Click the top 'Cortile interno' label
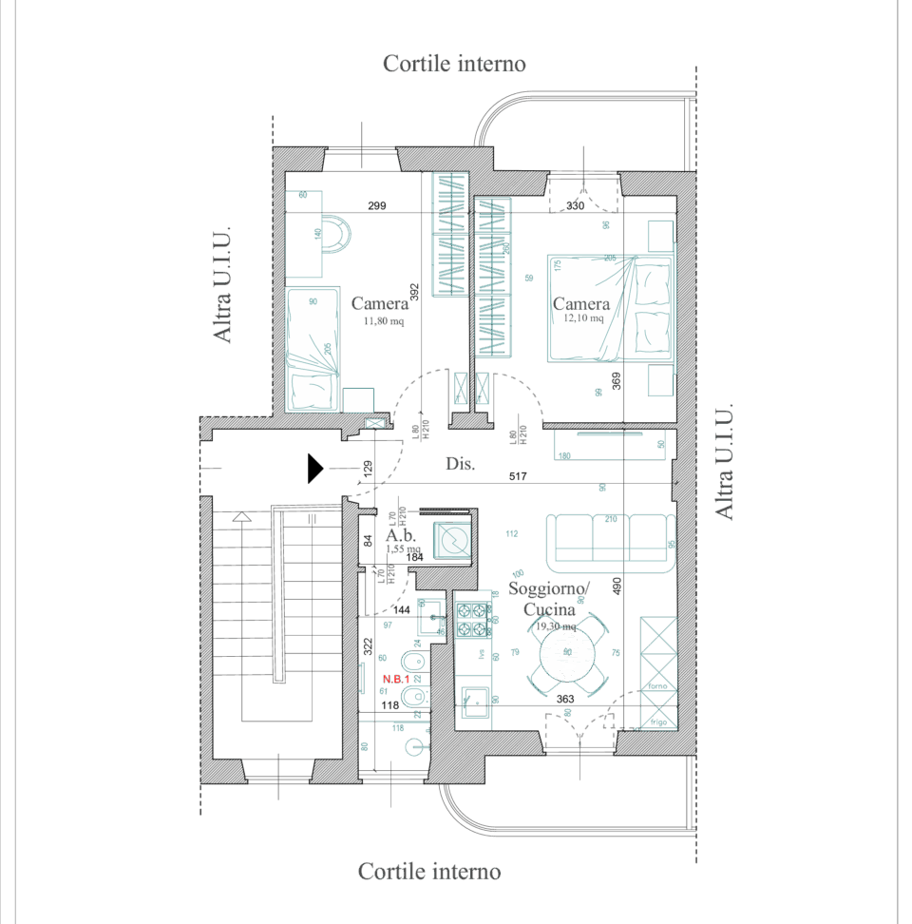pos(454,64)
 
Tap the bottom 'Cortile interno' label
pos(429,871)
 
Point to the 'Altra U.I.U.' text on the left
pos(221,285)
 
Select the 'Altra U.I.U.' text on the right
pos(724,463)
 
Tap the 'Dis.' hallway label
pos(460,465)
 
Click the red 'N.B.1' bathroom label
pos(395,679)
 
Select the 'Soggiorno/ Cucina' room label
pos(548,599)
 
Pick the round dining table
pos(567,653)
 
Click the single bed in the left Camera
pos(314,348)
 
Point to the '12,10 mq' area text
pos(583,319)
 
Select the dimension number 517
pos(518,475)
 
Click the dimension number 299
pos(376,206)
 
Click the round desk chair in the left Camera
pos(335,233)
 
